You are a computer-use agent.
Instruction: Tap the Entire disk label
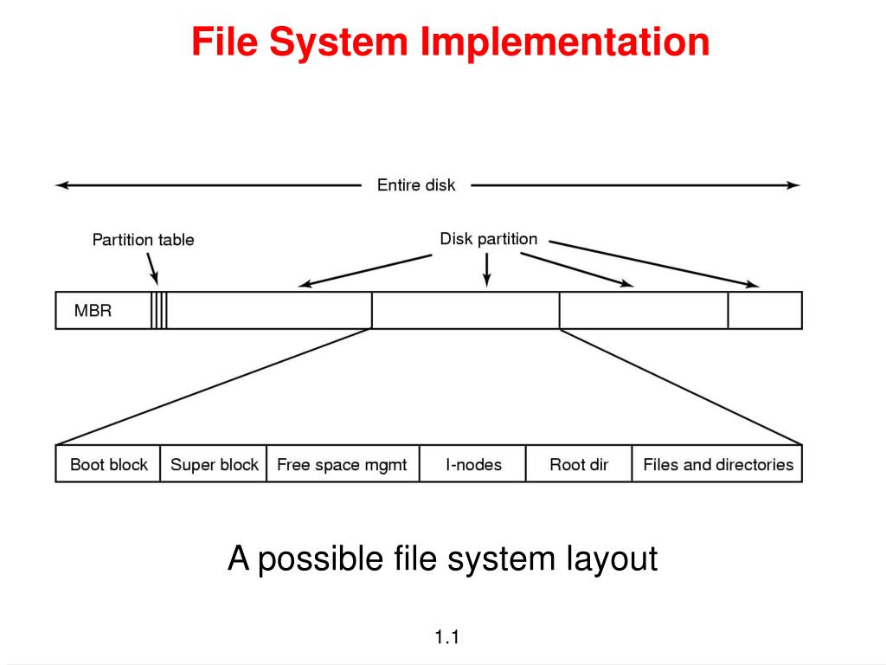coord(416,184)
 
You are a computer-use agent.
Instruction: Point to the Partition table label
coord(144,240)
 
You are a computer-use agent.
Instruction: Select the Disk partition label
coord(489,239)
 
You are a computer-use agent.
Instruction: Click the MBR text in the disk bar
coord(93,310)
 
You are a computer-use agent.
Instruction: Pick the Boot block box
coord(108,464)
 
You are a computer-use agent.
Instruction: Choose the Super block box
coord(214,464)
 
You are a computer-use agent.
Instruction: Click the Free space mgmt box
coord(342,464)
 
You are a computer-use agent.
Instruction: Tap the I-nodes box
coord(473,464)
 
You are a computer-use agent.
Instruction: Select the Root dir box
coord(579,464)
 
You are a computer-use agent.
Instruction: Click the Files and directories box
coord(717,464)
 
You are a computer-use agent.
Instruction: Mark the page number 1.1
coord(446,639)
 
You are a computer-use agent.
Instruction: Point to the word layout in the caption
coord(613,558)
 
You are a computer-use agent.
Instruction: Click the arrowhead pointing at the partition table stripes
coord(156,278)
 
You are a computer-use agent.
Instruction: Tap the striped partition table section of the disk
coord(159,310)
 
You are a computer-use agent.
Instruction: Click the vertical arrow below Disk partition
coord(487,270)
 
